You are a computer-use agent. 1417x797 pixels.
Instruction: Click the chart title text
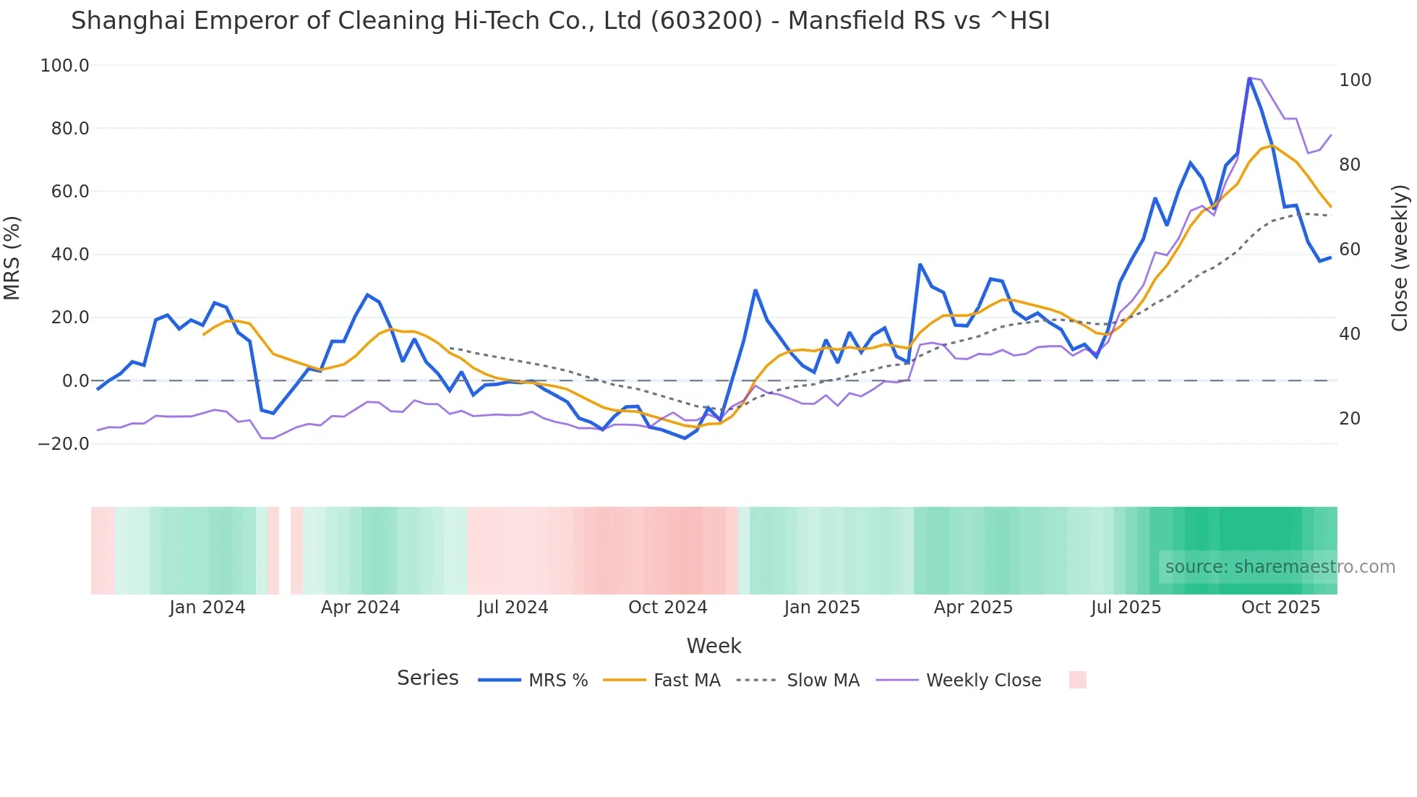pyautogui.click(x=560, y=21)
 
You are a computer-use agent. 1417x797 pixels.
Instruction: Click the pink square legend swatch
pyautogui.click(x=1077, y=680)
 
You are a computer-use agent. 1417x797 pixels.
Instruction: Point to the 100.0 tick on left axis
pyautogui.click(x=65, y=66)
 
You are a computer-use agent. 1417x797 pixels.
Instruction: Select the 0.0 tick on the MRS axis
pyautogui.click(x=75, y=381)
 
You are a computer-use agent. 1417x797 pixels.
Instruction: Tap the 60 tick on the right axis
pyautogui.click(x=1349, y=250)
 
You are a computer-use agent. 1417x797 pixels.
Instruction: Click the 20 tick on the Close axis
pyautogui.click(x=1349, y=419)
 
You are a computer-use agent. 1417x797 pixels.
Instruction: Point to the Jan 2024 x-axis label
pyautogui.click(x=207, y=608)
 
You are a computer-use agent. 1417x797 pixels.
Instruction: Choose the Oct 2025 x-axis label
pyautogui.click(x=1280, y=608)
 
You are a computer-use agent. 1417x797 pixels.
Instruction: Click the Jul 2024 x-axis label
pyautogui.click(x=513, y=608)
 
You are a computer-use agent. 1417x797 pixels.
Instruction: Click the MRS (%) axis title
pyautogui.click(x=12, y=257)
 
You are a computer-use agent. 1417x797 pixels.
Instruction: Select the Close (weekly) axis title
pyautogui.click(x=1400, y=257)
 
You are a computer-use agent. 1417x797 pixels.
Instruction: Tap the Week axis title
pyautogui.click(x=714, y=646)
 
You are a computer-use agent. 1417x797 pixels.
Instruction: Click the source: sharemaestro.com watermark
pyautogui.click(x=1280, y=567)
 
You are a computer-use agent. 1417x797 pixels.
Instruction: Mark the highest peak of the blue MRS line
pyautogui.click(x=1249, y=78)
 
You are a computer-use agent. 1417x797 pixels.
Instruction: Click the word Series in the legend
pyautogui.click(x=427, y=678)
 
